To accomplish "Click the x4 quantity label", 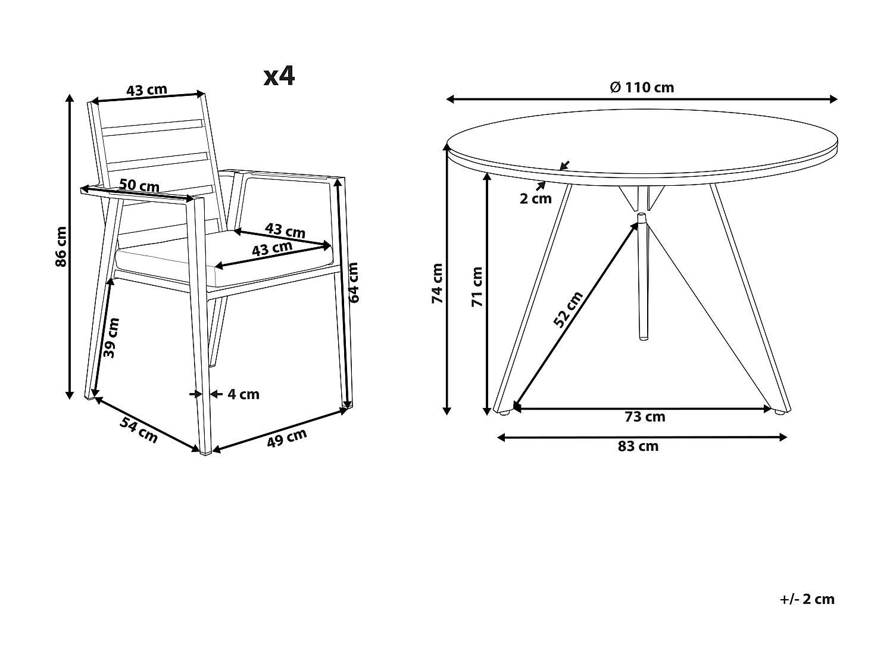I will point(279,76).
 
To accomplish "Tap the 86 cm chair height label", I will point(61,246).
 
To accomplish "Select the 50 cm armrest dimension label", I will point(139,185).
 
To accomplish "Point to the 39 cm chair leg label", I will point(111,337).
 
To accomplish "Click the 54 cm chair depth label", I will point(139,430).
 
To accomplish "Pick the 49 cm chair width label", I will point(286,438).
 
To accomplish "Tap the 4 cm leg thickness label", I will point(243,394).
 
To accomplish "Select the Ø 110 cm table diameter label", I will point(642,88).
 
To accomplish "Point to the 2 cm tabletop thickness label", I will point(536,199).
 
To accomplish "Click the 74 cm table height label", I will point(438,283).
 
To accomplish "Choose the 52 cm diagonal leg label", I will point(568,309).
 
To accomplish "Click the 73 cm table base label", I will point(645,417).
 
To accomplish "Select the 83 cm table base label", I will point(638,447).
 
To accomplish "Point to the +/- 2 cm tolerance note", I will point(807,599).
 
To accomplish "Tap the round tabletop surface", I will point(643,140).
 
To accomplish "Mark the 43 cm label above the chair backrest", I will point(146,90).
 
